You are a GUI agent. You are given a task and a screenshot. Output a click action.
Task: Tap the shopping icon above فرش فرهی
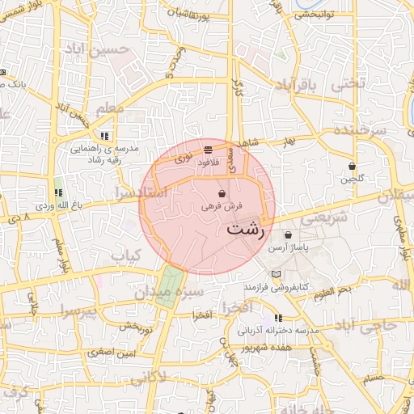tap(222, 194)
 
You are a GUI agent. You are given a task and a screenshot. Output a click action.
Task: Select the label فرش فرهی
tap(220, 207)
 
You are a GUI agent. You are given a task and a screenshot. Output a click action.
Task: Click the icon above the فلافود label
tap(209, 150)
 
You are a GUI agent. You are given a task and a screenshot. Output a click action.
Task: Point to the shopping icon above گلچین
tap(352, 166)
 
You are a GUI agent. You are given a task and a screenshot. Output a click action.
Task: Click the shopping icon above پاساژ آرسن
tap(288, 234)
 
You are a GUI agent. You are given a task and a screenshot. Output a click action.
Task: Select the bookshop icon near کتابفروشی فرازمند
tap(278, 274)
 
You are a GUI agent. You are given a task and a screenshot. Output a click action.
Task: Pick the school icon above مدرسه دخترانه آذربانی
tap(279, 318)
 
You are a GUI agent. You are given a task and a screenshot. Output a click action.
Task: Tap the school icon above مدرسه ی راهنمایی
tap(104, 136)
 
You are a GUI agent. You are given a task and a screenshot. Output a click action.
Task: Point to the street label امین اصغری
tap(112, 353)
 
